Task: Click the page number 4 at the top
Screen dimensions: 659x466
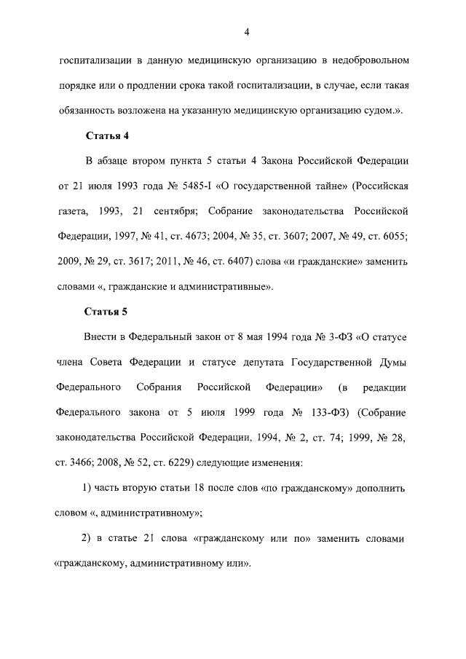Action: pyautogui.click(x=247, y=31)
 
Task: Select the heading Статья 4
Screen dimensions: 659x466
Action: pyautogui.click(x=108, y=135)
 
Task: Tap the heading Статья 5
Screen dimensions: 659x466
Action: pyautogui.click(x=108, y=312)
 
